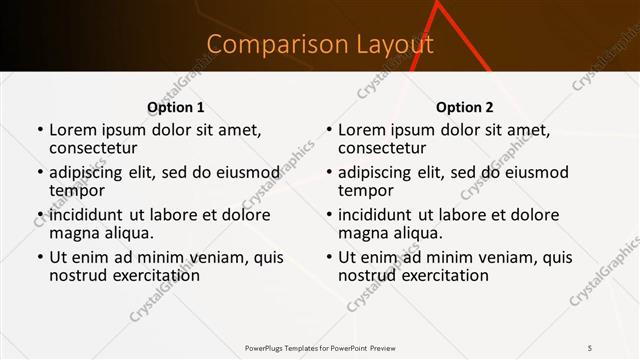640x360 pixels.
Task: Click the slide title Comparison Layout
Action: [320, 45]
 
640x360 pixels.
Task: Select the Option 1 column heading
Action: [175, 108]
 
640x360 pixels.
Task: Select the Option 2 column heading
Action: [465, 108]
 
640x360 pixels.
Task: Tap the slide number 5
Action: [589, 347]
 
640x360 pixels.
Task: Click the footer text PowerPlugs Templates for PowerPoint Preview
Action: [320, 347]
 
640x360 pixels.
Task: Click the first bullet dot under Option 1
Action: [40, 131]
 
